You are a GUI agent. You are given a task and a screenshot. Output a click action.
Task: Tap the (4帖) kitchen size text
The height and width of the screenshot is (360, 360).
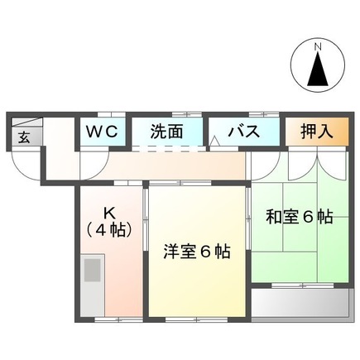(108, 229)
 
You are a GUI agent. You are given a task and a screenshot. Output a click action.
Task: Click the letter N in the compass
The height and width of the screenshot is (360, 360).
(317, 47)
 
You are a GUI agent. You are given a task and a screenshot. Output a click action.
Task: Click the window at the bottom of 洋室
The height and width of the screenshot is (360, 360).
(197, 319)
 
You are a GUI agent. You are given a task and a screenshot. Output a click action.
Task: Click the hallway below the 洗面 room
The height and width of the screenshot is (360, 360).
(174, 166)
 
